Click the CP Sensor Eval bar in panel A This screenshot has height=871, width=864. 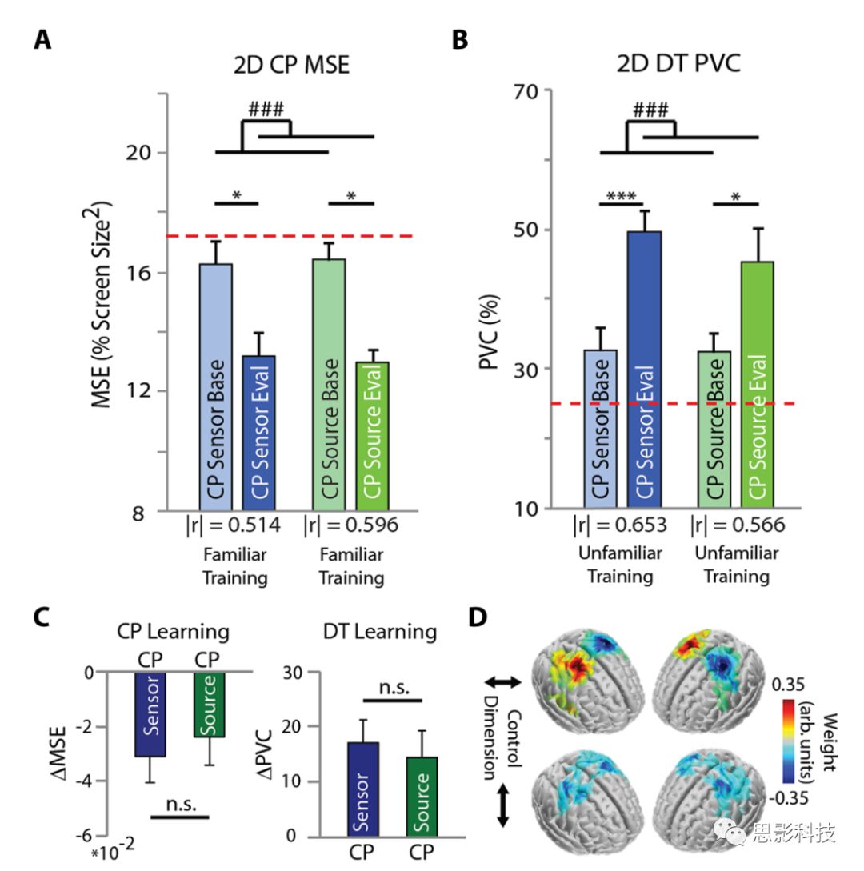[x=260, y=432]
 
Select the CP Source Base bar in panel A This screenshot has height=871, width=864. [x=329, y=384]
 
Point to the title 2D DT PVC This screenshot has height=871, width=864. [x=678, y=64]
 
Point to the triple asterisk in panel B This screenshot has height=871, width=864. [x=626, y=196]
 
